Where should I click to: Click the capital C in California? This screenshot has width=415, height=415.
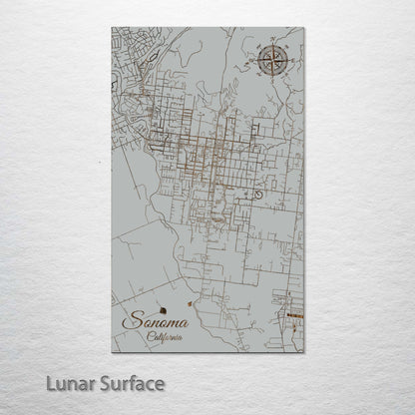pyautogui.click(x=148, y=338)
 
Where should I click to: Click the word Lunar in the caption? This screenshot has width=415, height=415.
pyautogui.click(x=76, y=384)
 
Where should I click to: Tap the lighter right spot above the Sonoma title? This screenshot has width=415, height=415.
pyautogui.click(x=191, y=295)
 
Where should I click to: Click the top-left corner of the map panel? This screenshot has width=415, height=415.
pyautogui.click(x=113, y=28)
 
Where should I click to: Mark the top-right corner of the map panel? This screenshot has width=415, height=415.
pyautogui.click(x=304, y=28)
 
